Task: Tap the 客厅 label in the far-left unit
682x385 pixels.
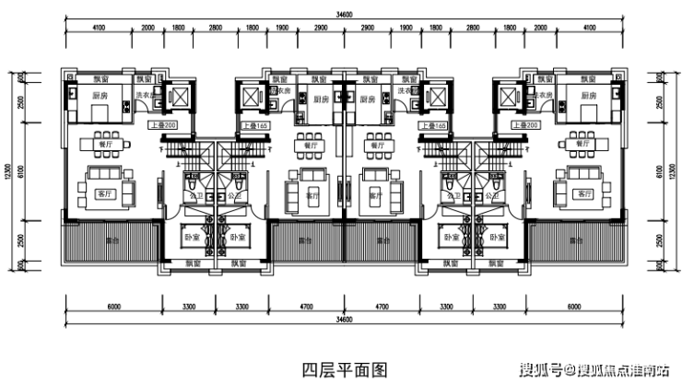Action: click(103, 193)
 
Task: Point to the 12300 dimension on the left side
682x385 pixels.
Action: click(8, 170)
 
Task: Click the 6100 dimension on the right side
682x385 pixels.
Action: click(659, 170)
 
